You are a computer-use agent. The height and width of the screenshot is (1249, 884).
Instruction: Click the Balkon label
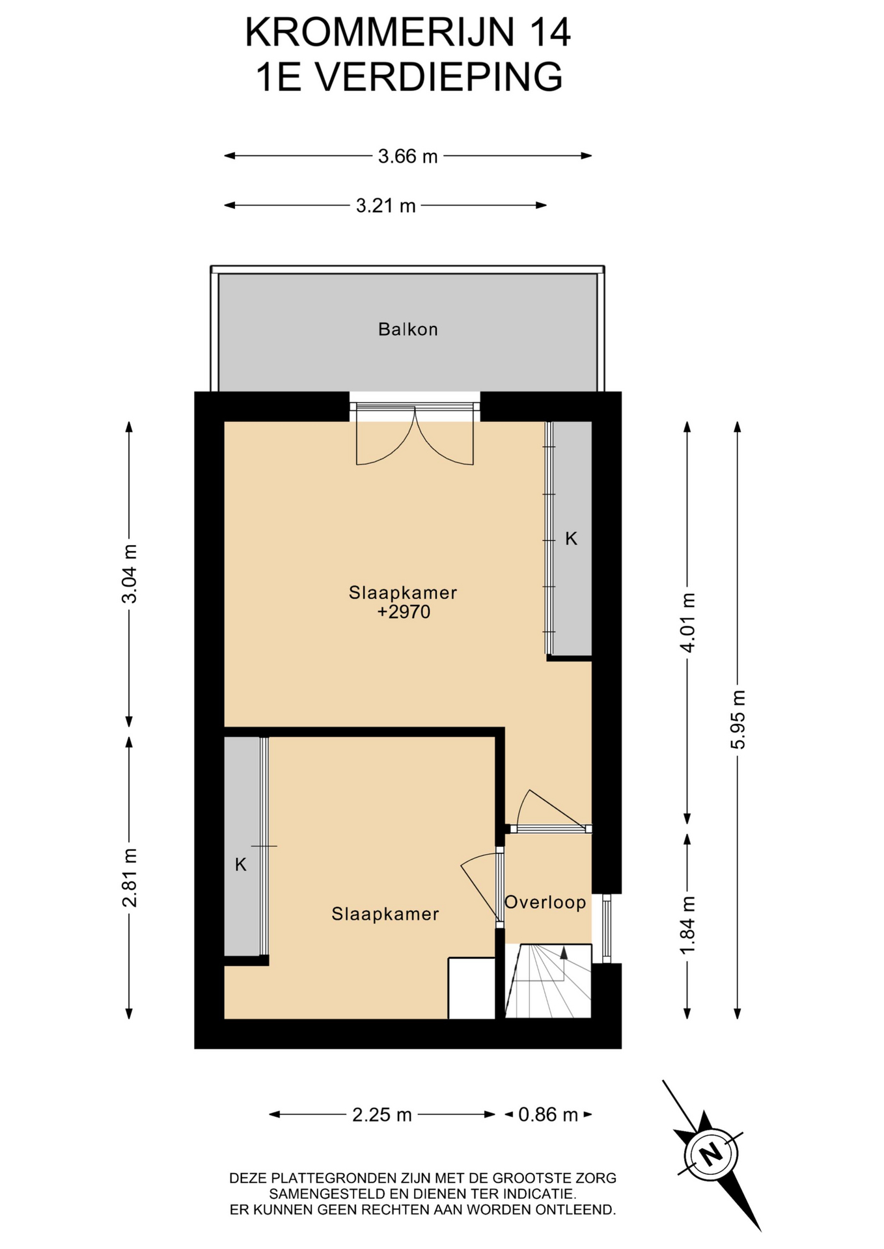pyautogui.click(x=408, y=329)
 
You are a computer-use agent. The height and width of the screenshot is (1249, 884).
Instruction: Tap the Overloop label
pyautogui.click(x=546, y=902)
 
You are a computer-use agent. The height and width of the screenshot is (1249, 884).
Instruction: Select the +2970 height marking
pyautogui.click(x=404, y=611)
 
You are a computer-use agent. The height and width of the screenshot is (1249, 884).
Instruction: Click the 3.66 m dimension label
pyautogui.click(x=408, y=156)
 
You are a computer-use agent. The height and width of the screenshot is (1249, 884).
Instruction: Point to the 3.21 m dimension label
pyautogui.click(x=385, y=206)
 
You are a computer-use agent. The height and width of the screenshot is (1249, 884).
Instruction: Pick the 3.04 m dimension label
pyautogui.click(x=130, y=574)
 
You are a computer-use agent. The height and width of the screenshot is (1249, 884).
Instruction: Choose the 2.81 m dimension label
pyautogui.click(x=130, y=878)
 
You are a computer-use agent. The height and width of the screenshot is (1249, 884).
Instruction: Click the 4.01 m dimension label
pyautogui.click(x=687, y=622)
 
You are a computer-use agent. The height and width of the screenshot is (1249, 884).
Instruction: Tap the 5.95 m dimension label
pyautogui.click(x=738, y=719)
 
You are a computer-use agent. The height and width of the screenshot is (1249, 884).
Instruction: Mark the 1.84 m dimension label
pyautogui.click(x=687, y=926)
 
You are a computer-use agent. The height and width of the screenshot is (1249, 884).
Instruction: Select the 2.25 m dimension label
pyautogui.click(x=382, y=1115)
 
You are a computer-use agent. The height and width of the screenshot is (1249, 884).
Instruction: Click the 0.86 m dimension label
pyautogui.click(x=548, y=1115)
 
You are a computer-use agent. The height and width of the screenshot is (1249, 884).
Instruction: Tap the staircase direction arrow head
pyautogui.click(x=564, y=953)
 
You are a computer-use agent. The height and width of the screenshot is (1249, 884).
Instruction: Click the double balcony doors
pyautogui.click(x=415, y=435)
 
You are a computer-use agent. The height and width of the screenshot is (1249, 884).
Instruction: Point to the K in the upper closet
pyautogui.click(x=571, y=539)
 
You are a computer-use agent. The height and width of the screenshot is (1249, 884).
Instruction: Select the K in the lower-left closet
pyautogui.click(x=241, y=865)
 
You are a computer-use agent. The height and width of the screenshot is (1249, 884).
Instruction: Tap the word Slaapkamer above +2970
pyautogui.click(x=403, y=593)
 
